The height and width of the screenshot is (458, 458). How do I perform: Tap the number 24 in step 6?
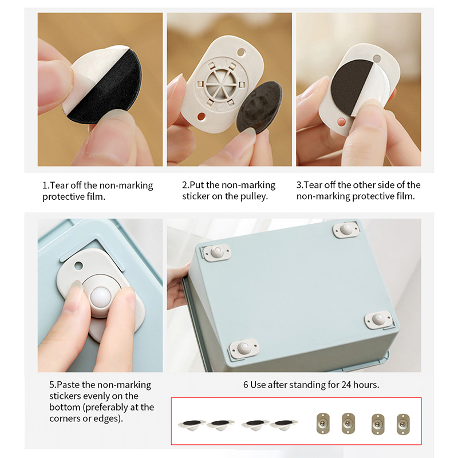346,385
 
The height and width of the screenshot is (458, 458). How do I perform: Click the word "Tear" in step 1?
59,185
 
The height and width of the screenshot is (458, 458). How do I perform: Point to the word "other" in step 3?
364,185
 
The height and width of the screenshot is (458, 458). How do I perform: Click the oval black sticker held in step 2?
259,107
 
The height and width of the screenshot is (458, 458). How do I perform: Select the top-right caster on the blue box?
346,228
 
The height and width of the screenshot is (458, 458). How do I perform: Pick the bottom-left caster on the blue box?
243,348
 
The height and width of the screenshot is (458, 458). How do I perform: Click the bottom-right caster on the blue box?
378,319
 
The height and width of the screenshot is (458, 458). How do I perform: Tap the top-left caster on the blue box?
217,252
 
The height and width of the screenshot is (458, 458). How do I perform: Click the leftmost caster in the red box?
192,425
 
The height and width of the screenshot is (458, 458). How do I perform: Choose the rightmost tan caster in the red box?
403,424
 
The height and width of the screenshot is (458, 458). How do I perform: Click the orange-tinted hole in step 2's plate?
202,117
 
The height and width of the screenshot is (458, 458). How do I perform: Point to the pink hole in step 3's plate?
341,122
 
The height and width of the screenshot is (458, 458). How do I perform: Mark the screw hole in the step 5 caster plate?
78,266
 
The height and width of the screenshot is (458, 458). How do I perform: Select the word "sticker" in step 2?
195,196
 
